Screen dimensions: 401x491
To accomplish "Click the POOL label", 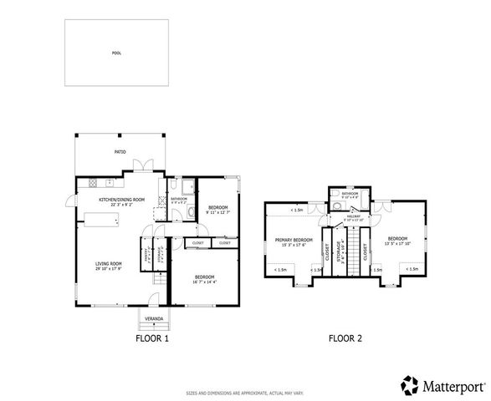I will coord(116,53).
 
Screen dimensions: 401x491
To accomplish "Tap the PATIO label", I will coord(120,152).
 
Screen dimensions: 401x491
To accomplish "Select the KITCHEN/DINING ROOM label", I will coord(122,200).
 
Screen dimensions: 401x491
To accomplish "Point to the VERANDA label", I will coord(153,318).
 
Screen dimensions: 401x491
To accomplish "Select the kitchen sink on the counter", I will coord(109,181).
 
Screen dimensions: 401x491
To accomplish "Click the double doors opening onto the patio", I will coord(146,166).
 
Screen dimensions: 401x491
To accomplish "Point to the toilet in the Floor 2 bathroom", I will coord(336,202).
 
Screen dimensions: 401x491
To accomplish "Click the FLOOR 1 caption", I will coord(152,339).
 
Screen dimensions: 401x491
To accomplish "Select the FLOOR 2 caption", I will coord(345,339).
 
